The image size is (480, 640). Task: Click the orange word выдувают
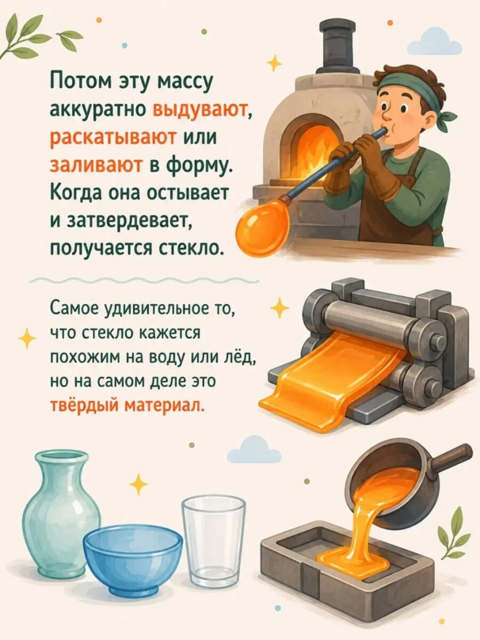tap(200, 111)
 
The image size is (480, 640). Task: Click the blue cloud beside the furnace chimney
tap(434, 42)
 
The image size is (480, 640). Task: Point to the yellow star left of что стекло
tap(27, 339)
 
